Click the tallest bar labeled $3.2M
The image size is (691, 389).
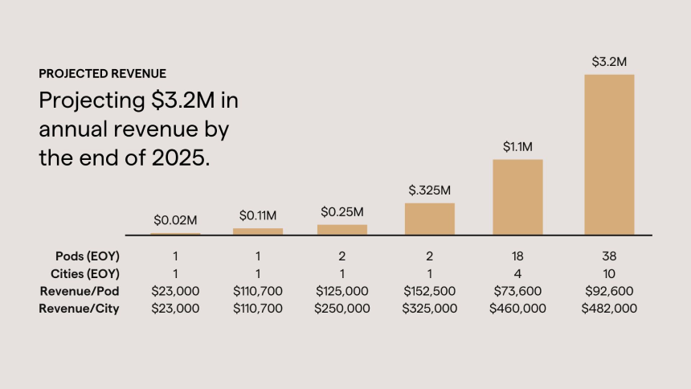[609, 154]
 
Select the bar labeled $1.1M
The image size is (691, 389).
[517, 197]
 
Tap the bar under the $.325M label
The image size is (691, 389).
[430, 219]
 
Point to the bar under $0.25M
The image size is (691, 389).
[342, 229]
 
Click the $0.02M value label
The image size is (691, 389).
[176, 219]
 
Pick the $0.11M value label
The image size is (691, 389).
[258, 215]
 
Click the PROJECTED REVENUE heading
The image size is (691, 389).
[103, 74]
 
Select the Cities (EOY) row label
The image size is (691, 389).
[81, 273]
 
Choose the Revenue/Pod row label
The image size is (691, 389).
[80, 291]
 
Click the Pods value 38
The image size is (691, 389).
[609, 256]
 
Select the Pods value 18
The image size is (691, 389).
[517, 256]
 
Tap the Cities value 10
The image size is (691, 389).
[609, 273]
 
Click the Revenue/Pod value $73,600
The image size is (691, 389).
[517, 291]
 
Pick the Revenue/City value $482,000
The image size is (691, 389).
[609, 308]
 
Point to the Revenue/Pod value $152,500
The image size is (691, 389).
[430, 291]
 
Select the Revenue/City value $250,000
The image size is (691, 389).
[342, 308]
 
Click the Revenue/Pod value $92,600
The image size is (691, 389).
[609, 291]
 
